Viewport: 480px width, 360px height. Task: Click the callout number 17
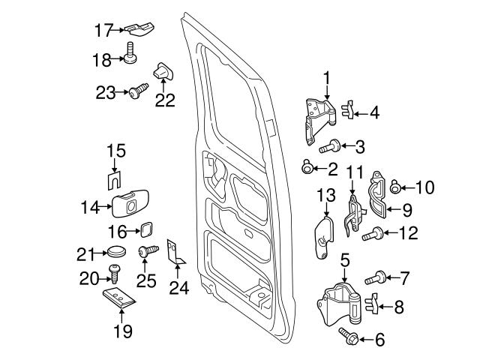point(103,30)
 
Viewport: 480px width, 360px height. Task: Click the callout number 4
point(373,114)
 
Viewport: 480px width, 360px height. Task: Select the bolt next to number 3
point(331,146)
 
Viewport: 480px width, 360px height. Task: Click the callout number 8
point(399,306)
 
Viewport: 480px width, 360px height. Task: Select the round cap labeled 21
point(115,252)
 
